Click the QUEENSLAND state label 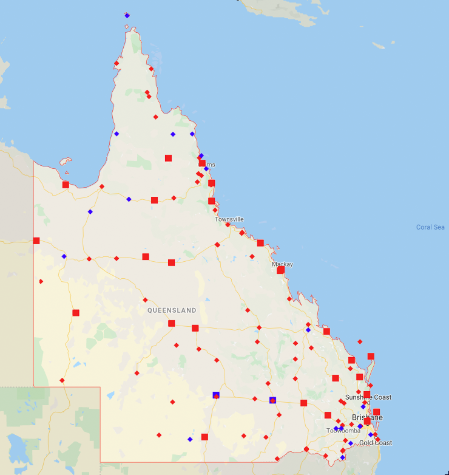pyautogui.click(x=172, y=310)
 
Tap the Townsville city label pyautogui.click(x=229, y=219)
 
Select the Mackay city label pyautogui.click(x=282, y=264)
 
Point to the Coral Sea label pyautogui.click(x=430, y=227)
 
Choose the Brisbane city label pyautogui.click(x=367, y=418)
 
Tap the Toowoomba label pyautogui.click(x=343, y=431)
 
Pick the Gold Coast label pyautogui.click(x=375, y=443)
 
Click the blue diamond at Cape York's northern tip pyautogui.click(x=127, y=15)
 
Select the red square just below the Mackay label pyautogui.click(x=280, y=270)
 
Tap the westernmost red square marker pyautogui.click(x=36, y=241)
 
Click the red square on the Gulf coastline pyautogui.click(x=66, y=185)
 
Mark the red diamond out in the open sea pyautogui.click(x=360, y=341)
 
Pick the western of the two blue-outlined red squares pyautogui.click(x=215, y=395)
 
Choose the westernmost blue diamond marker pyautogui.click(x=64, y=256)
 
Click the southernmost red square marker pyautogui.click(x=204, y=437)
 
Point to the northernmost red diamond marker pyautogui.click(x=116, y=63)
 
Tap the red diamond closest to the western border pyautogui.click(x=41, y=281)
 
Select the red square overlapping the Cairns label pyautogui.click(x=202, y=163)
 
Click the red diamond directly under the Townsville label pyautogui.click(x=228, y=225)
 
